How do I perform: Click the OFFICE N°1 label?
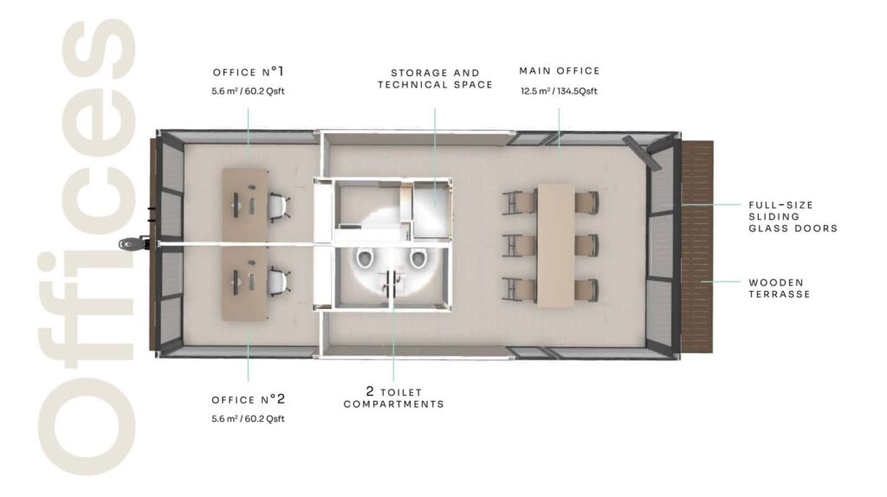click(x=248, y=72)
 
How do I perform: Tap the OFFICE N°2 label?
click(x=249, y=399)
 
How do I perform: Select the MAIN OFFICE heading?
click(x=560, y=71)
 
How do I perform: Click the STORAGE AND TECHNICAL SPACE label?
click(x=435, y=79)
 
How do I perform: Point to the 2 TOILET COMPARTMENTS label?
click(x=394, y=398)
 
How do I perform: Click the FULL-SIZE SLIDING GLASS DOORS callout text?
click(x=793, y=216)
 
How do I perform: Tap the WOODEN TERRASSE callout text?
click(x=779, y=287)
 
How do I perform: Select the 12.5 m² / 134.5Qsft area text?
click(x=559, y=91)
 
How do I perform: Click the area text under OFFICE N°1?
click(x=248, y=91)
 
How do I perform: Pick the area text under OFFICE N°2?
click(x=248, y=419)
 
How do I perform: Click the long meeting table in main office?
click(x=555, y=245)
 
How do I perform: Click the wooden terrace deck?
click(x=697, y=247)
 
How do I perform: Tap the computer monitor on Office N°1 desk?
click(x=236, y=204)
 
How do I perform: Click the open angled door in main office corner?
click(x=642, y=152)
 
